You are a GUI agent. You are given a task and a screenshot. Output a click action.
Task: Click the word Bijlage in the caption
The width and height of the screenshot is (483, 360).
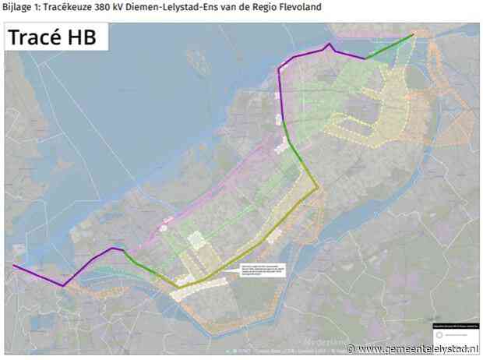pos(17,7)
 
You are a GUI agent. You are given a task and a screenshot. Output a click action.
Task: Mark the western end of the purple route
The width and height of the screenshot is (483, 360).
pos(14,266)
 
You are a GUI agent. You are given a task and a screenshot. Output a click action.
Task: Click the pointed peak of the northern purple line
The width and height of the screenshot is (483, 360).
pos(330,44)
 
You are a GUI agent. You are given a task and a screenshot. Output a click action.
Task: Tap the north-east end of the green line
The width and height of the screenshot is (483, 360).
pos(415,35)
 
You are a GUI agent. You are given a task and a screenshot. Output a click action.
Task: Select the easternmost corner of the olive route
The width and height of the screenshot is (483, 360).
pos(317,188)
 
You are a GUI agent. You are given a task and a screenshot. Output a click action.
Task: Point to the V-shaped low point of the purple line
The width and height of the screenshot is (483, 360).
pos(63,286)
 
